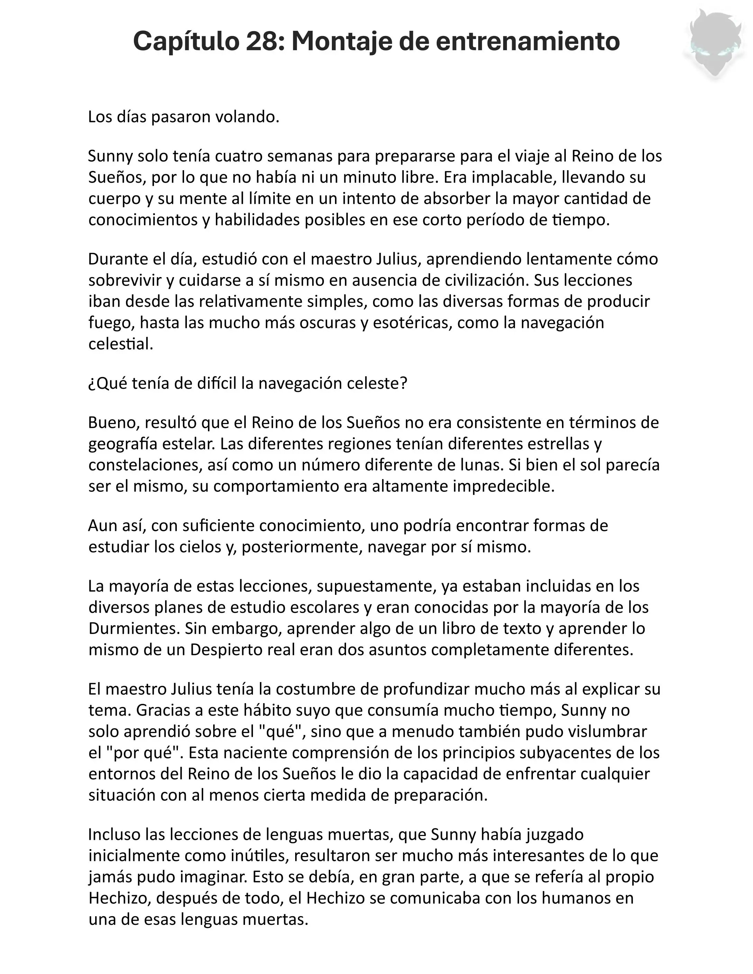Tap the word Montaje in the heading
coord(341,42)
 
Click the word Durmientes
coord(134,628)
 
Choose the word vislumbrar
coord(602,732)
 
